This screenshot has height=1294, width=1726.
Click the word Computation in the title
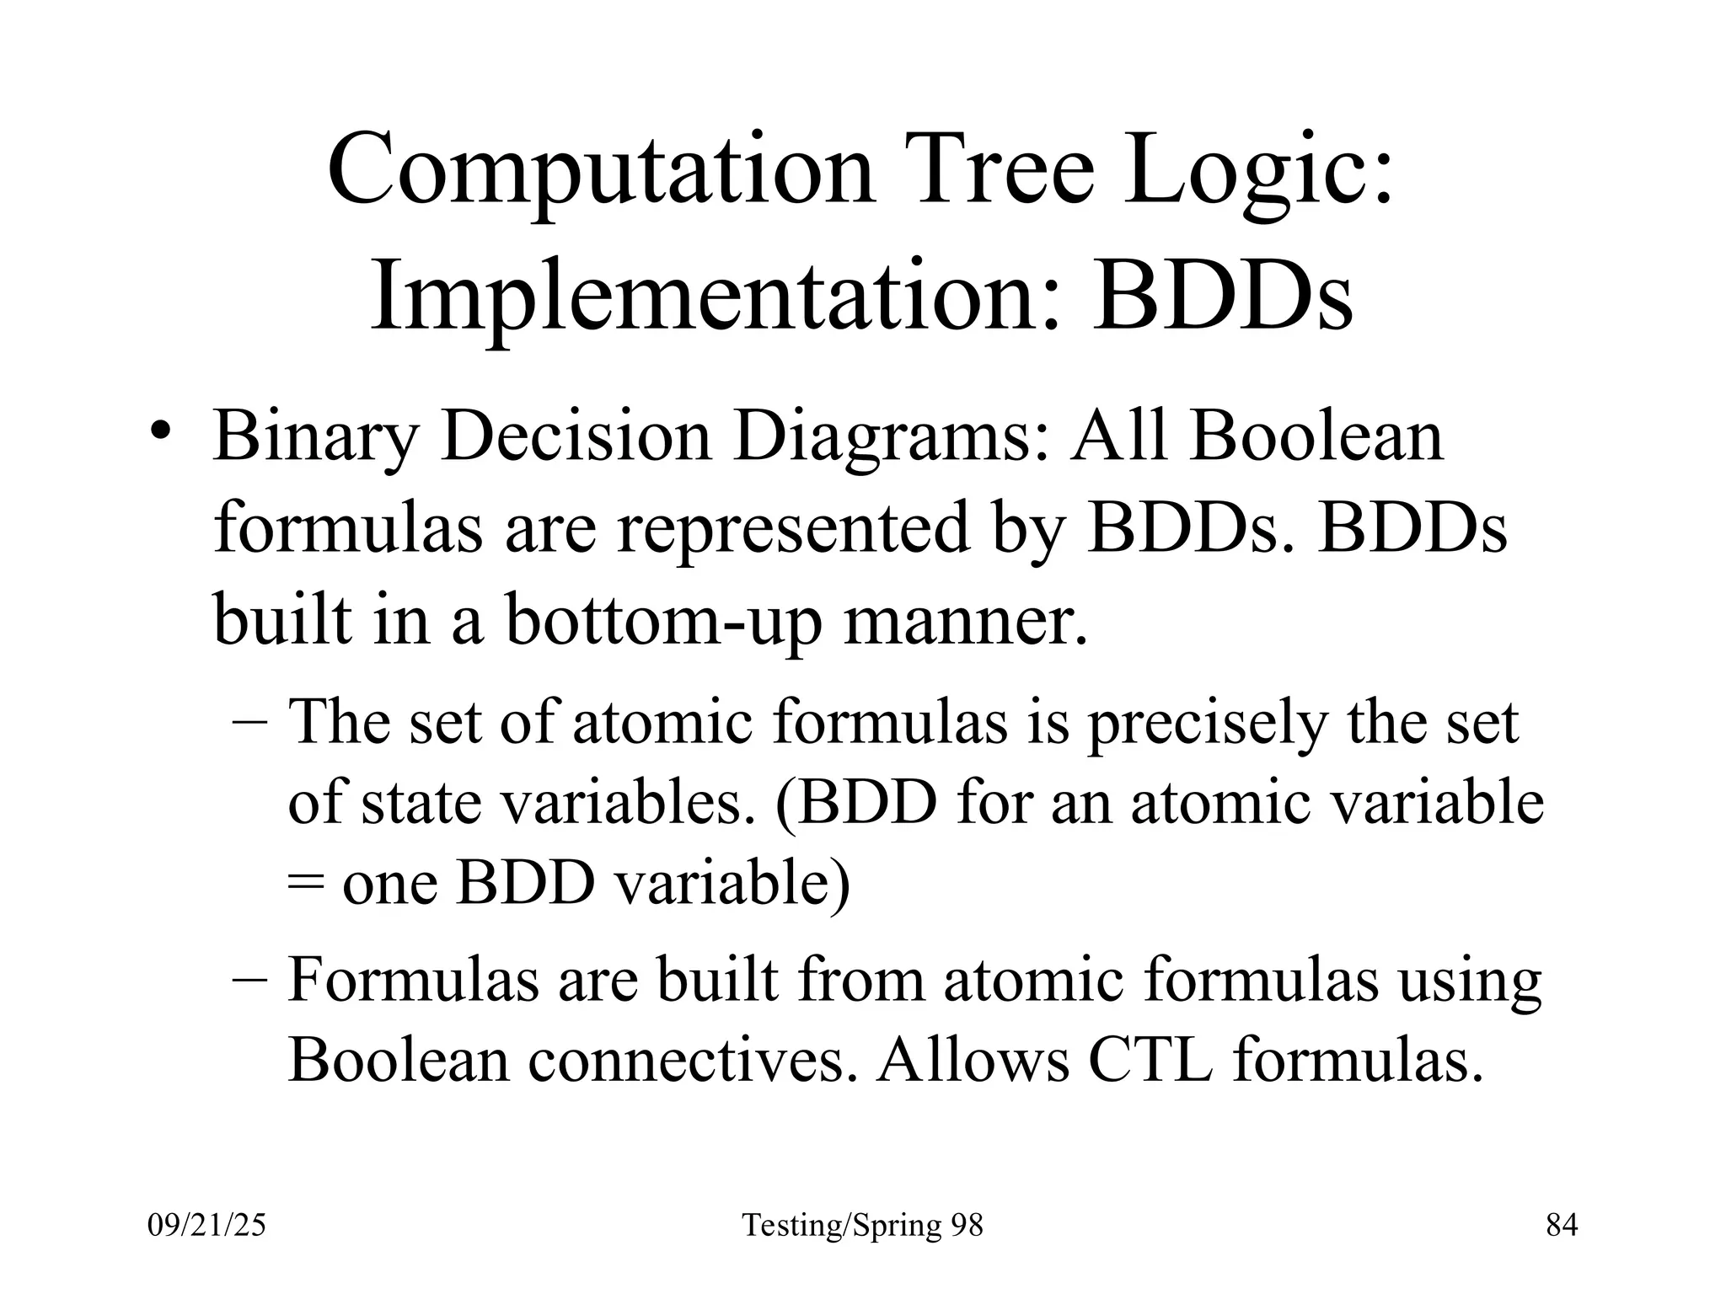[x=602, y=172]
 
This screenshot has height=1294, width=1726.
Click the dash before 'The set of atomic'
[x=249, y=723]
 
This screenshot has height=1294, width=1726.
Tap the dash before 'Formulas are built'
[x=249, y=981]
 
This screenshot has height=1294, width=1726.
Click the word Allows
[x=973, y=1059]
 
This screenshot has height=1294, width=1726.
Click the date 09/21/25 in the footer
[x=206, y=1225]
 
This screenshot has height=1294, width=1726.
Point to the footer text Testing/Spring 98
[x=862, y=1225]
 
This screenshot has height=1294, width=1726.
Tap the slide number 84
[x=1562, y=1225]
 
